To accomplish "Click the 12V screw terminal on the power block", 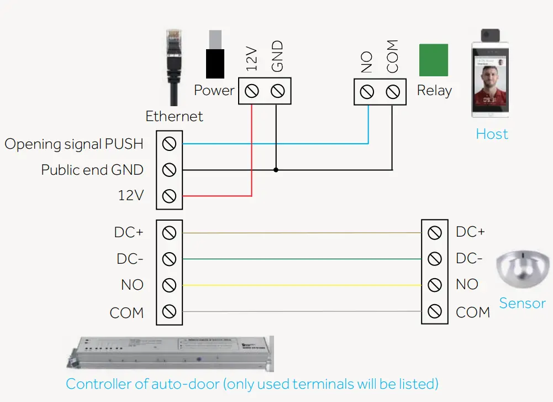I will pyautogui.click(x=252, y=91).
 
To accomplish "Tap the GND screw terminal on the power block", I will pyautogui.click(x=278, y=91).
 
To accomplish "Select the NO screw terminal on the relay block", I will pyautogui.click(x=367, y=91).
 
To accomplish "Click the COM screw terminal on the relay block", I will pyautogui.click(x=393, y=91).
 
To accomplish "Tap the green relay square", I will pyautogui.click(x=434, y=60).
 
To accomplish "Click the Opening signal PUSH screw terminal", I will pyautogui.click(x=170, y=144).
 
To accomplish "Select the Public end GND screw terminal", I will pyautogui.click(x=170, y=170).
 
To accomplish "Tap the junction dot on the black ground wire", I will pyautogui.click(x=276, y=170).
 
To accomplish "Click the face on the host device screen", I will pyautogui.click(x=489, y=83).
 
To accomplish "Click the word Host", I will pyautogui.click(x=492, y=134).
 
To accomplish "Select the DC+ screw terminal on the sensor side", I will pyautogui.click(x=435, y=233).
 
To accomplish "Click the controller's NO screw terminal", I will pyautogui.click(x=170, y=285).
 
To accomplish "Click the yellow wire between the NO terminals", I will pyautogui.click(x=301, y=285).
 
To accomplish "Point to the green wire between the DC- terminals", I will pyautogui.click(x=301, y=259).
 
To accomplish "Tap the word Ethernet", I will pyautogui.click(x=174, y=117).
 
